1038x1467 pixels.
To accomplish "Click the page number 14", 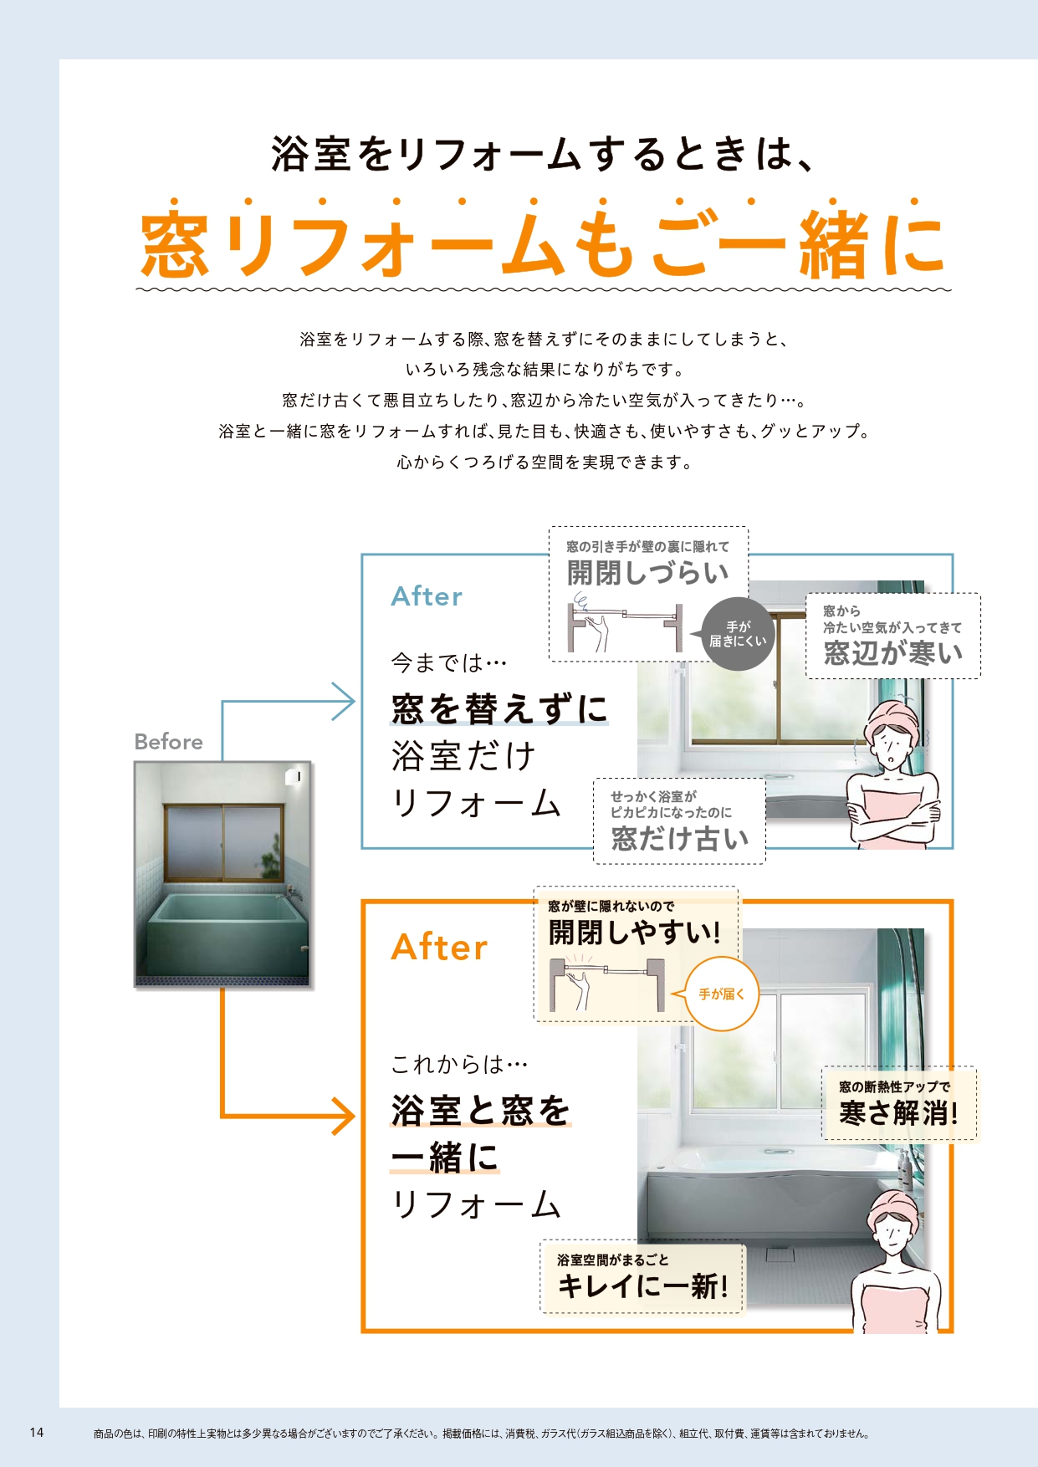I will (x=37, y=1432).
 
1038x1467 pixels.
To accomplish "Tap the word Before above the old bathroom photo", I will (x=168, y=742).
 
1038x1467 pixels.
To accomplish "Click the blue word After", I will (x=427, y=596).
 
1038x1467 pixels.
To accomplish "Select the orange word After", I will (x=439, y=948).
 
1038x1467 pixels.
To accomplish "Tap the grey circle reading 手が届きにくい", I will (x=738, y=634).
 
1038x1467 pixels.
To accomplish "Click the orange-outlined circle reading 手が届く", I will (x=722, y=994).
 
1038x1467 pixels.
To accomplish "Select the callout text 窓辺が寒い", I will (x=893, y=653).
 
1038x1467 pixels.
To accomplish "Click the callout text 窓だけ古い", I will (x=679, y=838).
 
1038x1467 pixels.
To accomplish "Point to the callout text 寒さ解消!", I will (x=898, y=1113).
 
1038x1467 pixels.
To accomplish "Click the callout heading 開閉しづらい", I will (x=647, y=573).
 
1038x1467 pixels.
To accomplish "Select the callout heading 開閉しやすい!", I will (x=634, y=933).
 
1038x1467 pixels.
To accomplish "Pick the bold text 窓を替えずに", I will (x=499, y=708).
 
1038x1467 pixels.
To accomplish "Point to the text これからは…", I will (x=459, y=1064).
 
